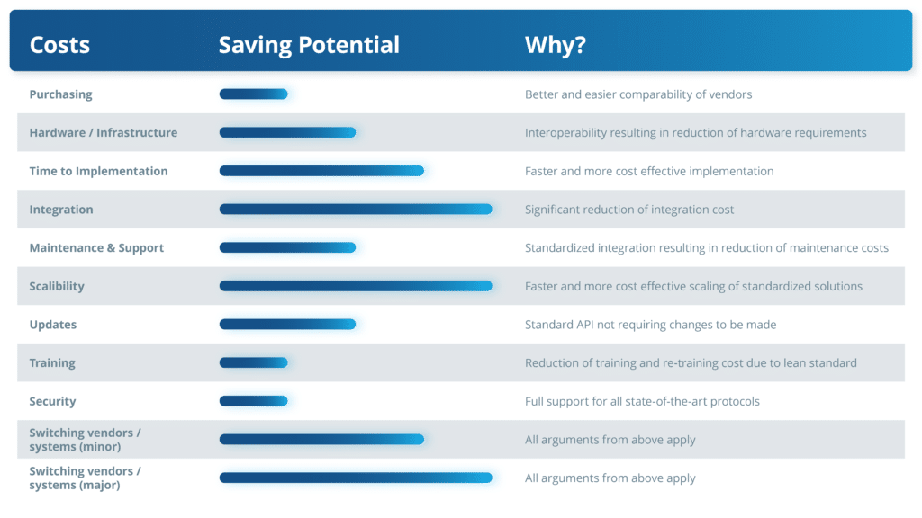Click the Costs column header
59,45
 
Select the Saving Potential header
309,45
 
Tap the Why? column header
555,45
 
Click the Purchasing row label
60,94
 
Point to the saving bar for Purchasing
253,94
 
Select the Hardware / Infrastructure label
104,133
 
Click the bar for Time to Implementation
321,171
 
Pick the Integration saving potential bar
356,209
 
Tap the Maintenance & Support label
96,248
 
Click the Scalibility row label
57,286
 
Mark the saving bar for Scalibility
356,286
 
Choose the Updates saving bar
287,324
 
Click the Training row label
52,363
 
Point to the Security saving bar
253,401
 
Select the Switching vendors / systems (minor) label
86,439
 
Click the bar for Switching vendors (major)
356,478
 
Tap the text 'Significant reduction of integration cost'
629,210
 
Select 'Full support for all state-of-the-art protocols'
642,401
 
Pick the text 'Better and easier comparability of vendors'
638,94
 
